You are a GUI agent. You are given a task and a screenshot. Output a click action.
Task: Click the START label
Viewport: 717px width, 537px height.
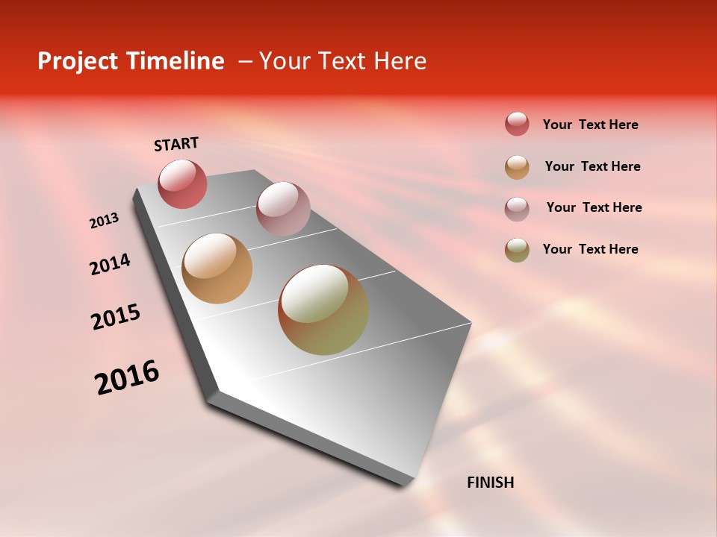click(x=176, y=144)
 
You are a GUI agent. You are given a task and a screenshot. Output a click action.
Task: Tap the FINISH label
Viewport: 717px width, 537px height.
click(x=490, y=483)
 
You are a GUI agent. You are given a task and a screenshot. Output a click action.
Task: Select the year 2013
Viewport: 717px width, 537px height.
click(x=105, y=221)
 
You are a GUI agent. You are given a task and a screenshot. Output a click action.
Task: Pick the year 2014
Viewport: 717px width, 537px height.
click(x=110, y=264)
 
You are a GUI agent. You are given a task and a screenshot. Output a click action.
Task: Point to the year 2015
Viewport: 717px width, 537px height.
click(x=116, y=317)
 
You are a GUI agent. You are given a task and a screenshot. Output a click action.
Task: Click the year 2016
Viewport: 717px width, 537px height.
click(x=127, y=377)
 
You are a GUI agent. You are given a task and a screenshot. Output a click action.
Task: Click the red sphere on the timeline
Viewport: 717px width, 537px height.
click(x=182, y=183)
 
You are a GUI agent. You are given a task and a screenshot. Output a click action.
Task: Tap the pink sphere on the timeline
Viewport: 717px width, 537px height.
click(x=283, y=208)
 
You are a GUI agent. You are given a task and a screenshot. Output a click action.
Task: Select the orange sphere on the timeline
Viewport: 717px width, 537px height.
click(x=217, y=268)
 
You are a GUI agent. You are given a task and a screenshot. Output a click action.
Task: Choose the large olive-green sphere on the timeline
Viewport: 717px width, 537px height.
click(x=323, y=310)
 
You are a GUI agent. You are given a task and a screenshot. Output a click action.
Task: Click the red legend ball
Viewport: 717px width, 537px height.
click(x=517, y=125)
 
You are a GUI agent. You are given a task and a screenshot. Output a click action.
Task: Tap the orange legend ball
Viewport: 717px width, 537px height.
click(x=517, y=166)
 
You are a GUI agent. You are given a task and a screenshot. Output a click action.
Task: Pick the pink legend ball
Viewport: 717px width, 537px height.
click(x=517, y=208)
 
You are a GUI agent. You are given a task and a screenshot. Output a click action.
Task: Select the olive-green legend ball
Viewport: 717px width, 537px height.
click(x=517, y=250)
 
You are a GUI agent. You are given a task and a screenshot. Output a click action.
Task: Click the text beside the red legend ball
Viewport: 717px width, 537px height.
click(x=590, y=125)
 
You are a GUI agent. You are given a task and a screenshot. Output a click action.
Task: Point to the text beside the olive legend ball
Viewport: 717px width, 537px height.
click(x=590, y=249)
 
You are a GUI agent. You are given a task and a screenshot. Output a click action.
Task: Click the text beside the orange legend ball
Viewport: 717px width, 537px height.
click(x=592, y=166)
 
